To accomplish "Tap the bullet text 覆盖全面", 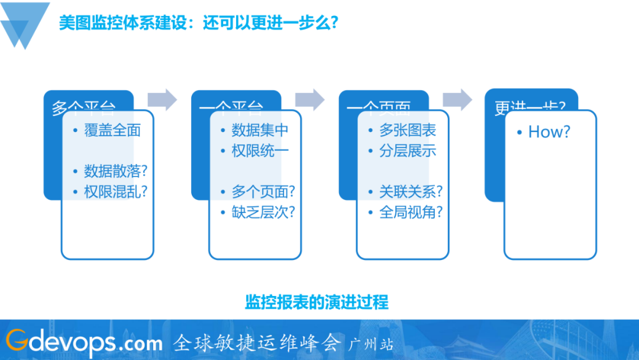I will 112,130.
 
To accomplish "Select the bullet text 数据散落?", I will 115,172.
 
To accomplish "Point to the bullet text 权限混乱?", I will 115,192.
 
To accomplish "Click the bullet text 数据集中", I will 260,130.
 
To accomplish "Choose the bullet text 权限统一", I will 260,151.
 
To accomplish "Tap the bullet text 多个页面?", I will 263,192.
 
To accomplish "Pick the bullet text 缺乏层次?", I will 263,213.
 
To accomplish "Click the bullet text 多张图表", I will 408,130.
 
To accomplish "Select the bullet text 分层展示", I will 408,151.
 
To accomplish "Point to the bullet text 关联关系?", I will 411,192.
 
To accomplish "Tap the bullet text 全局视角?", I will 411,213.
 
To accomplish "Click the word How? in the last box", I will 549,132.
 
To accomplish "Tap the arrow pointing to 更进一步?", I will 457,99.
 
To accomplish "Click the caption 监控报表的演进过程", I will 317,302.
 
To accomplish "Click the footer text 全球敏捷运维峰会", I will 257,342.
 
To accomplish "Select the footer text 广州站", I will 372,343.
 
